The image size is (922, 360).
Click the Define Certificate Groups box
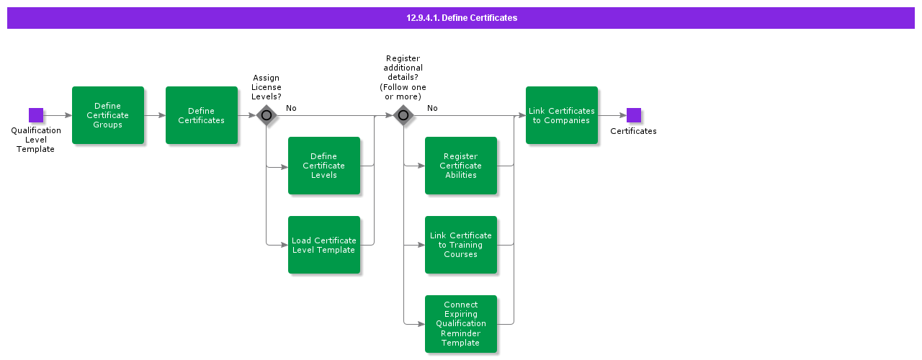(x=108, y=115)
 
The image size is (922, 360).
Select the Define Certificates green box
(x=202, y=115)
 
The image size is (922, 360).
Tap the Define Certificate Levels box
(x=324, y=166)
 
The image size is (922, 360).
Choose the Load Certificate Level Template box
(x=324, y=245)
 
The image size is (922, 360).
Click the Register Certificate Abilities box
(x=461, y=166)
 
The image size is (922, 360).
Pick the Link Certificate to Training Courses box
(x=461, y=245)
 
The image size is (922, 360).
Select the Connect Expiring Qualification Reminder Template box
(x=461, y=324)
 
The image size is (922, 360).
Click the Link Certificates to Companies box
(x=562, y=115)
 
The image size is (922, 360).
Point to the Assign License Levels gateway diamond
(x=267, y=115)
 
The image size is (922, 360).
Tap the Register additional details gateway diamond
(x=403, y=115)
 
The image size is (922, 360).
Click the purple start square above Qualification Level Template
(x=36, y=115)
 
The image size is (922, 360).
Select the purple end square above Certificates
(x=634, y=115)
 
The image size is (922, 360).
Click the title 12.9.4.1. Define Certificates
(x=461, y=18)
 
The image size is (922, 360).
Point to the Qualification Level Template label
(x=36, y=140)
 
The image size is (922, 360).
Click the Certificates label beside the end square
(x=633, y=131)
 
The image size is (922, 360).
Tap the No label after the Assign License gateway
(x=291, y=108)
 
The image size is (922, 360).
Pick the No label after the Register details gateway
(x=432, y=108)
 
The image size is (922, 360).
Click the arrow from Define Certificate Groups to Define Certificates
(x=155, y=115)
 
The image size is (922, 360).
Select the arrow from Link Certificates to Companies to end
(x=612, y=115)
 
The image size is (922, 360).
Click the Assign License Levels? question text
(x=267, y=87)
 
